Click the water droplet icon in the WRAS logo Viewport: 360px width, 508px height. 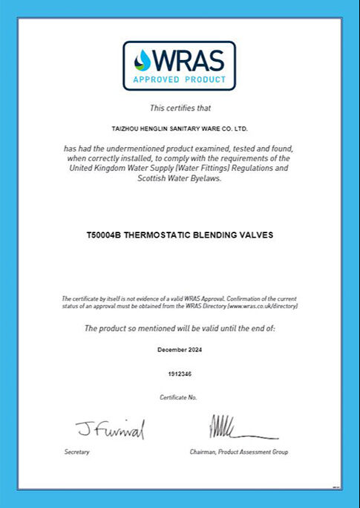click(142, 60)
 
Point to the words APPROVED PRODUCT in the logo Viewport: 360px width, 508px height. click(179, 79)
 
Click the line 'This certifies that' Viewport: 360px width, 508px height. click(180, 108)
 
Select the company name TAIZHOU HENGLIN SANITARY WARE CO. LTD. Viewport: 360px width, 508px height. click(180, 128)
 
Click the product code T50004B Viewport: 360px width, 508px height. click(103, 235)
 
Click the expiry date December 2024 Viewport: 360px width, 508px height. click(180, 349)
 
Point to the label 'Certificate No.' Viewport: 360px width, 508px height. click(179, 397)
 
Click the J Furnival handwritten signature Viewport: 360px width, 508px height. click(110, 429)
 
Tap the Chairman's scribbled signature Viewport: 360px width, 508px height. click(236, 429)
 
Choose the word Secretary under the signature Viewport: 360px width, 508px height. click(76, 452)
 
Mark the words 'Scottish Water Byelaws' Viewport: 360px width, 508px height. click(180, 178)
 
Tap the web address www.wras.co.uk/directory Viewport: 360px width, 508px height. click(263, 305)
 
